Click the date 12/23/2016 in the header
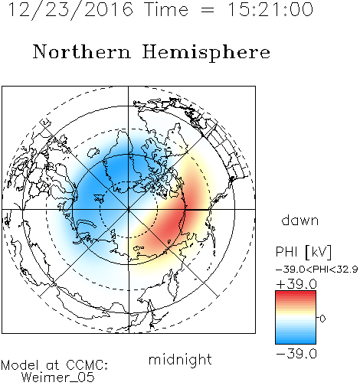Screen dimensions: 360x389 (x=70, y=10)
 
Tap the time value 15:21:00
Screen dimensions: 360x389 (x=270, y=10)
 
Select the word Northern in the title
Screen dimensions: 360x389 (x=82, y=52)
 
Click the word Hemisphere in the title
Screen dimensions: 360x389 (x=206, y=53)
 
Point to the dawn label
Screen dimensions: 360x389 (x=300, y=221)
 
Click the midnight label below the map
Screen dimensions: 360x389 (x=180, y=360)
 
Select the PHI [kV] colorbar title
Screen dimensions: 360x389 (x=303, y=252)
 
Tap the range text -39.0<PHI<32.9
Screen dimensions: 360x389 (x=317, y=270)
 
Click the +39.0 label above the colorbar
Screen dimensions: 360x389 (x=296, y=284)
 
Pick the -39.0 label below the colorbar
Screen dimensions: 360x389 (x=296, y=354)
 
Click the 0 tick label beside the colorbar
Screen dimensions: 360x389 (x=322, y=319)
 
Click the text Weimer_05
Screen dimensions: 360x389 (x=58, y=378)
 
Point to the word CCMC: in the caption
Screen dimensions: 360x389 (x=87, y=365)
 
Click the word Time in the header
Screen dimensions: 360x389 (x=166, y=10)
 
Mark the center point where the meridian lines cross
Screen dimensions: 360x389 (x=129, y=209)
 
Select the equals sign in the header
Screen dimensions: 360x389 (x=207, y=11)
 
